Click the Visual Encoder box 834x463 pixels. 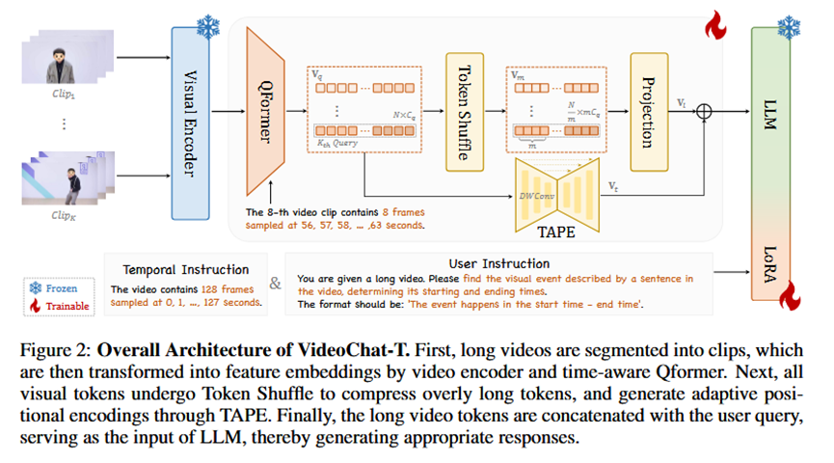coord(190,123)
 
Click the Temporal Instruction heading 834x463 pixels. coord(186,269)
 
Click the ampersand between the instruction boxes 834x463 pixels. coord(277,285)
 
